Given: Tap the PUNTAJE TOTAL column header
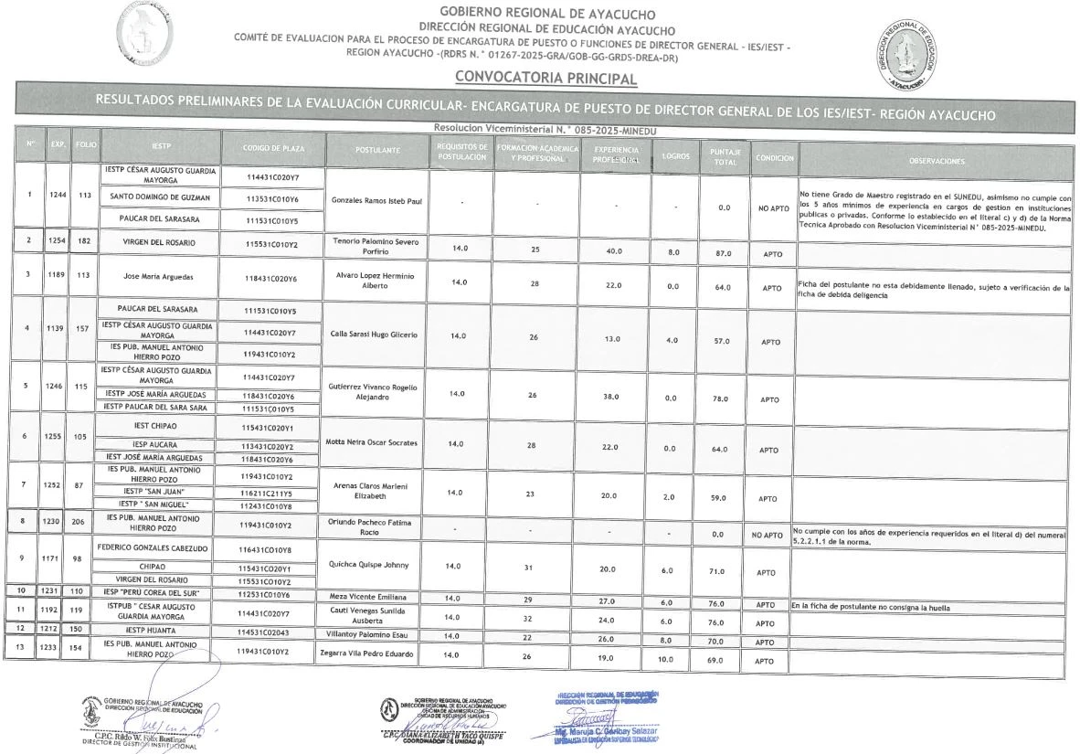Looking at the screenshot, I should click(724, 155).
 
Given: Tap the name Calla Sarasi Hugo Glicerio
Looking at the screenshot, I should click(373, 335).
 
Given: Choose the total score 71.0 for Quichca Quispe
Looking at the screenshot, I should click(723, 571).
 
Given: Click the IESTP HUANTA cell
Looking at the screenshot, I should click(161, 630).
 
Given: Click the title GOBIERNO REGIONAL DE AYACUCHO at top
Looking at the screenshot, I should click(535, 13).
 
